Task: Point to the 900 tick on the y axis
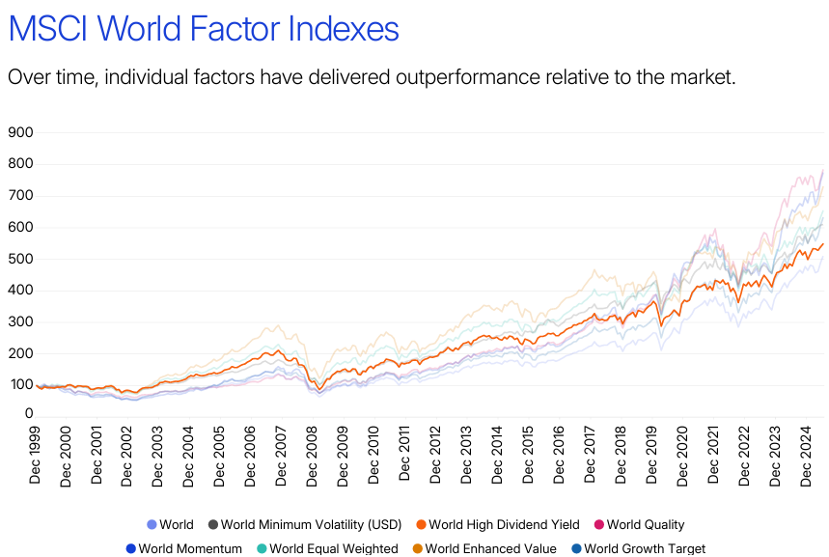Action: click(20, 132)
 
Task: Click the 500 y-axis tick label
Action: click(20, 259)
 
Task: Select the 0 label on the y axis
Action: click(29, 413)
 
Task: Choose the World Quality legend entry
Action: click(645, 525)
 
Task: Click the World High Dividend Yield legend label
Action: click(504, 525)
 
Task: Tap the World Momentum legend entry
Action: click(190, 549)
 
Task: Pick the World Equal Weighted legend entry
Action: click(333, 549)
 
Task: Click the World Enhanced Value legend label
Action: click(490, 549)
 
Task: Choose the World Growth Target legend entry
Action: click(645, 549)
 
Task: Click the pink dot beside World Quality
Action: click(598, 525)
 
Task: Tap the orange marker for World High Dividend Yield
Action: click(420, 525)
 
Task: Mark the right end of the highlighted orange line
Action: click(823, 243)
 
